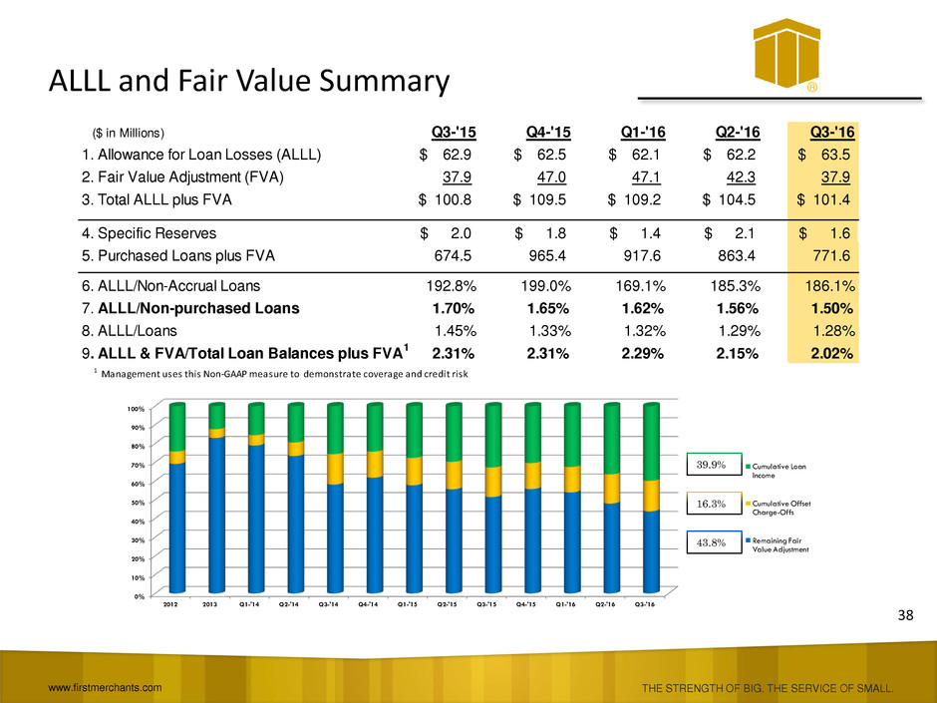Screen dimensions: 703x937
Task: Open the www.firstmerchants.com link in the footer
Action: (103, 687)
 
